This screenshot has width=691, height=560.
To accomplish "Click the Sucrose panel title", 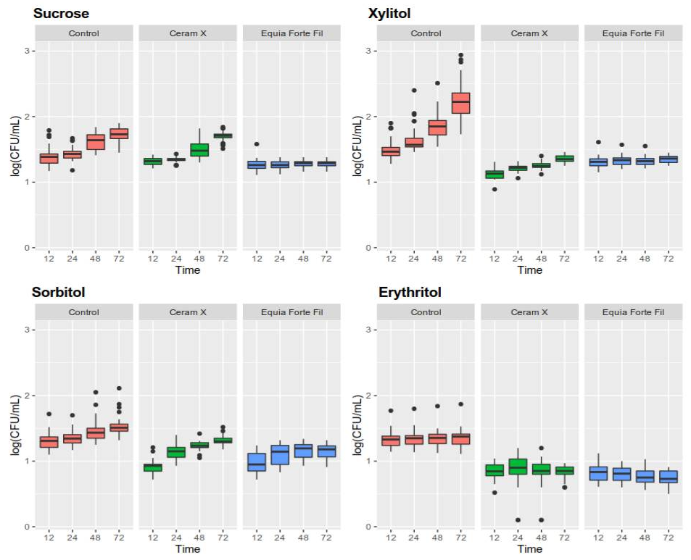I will coord(61,14).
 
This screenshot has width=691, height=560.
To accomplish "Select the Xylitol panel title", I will coord(400,14).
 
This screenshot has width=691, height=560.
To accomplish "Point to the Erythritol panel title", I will coord(410,293).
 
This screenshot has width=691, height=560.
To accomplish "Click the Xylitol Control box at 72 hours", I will coord(460,103).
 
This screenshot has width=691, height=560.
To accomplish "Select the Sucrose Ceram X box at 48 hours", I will coord(200,150).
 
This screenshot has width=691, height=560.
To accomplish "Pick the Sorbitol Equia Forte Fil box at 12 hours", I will coord(257,461).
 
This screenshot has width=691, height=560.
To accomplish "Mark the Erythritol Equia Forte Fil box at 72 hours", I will coord(669,476).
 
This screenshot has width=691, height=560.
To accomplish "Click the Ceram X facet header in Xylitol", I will coord(530,33).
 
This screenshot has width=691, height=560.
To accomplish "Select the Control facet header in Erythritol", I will coord(426,312).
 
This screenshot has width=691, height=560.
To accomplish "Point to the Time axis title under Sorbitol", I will coord(188,549).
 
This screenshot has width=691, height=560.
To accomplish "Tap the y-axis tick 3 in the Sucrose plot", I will coord(26,51).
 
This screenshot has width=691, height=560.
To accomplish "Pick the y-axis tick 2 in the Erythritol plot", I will coord(368,396).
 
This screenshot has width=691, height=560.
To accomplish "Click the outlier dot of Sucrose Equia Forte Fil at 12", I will coord(257,144).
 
